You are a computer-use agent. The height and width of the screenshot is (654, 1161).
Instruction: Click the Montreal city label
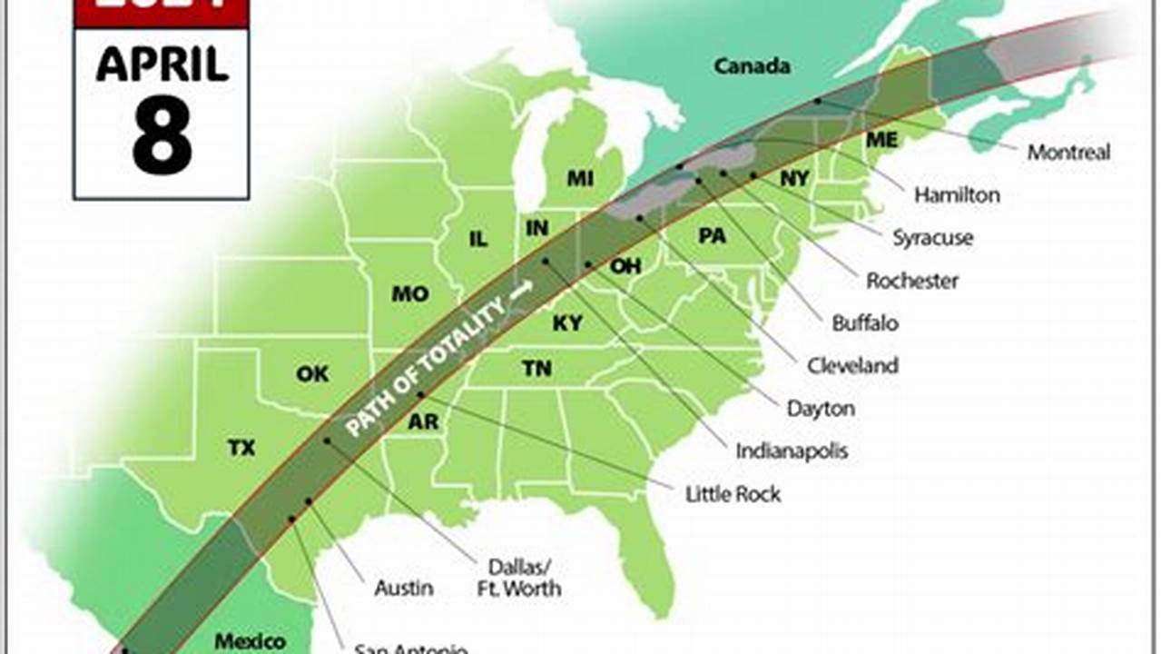[x=1068, y=153]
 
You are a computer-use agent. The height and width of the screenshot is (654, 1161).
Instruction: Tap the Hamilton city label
[x=957, y=194]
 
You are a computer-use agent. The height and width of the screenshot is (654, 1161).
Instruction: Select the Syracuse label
[x=932, y=238]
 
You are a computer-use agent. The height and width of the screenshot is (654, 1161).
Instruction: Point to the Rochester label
[x=912, y=281]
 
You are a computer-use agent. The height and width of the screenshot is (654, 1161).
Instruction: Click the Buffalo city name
[x=865, y=322]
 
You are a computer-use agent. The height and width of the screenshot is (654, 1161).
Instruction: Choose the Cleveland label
[x=852, y=365]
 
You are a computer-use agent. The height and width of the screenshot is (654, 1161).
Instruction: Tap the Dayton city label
[x=821, y=409]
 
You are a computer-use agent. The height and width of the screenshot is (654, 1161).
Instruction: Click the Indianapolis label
[x=792, y=451]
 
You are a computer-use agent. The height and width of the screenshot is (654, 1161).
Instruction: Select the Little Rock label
[x=733, y=494]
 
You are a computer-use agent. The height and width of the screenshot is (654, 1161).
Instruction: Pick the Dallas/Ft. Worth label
[x=519, y=578]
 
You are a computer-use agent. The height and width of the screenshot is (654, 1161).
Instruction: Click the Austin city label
[x=404, y=589]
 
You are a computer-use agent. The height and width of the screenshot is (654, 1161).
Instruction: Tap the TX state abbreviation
[x=241, y=448]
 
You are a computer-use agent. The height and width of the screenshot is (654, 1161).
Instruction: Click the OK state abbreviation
[x=313, y=374]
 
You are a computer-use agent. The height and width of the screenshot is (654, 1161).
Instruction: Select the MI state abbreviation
[x=581, y=178]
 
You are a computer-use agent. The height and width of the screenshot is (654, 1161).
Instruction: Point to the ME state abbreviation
[x=881, y=140]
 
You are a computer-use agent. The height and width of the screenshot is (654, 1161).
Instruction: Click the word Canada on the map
[x=752, y=66]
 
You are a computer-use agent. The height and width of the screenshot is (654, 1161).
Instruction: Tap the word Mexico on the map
[x=250, y=641]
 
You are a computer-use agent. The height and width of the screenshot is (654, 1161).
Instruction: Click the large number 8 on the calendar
[x=162, y=135]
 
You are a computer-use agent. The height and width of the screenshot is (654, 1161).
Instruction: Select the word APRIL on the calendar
[x=162, y=65]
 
